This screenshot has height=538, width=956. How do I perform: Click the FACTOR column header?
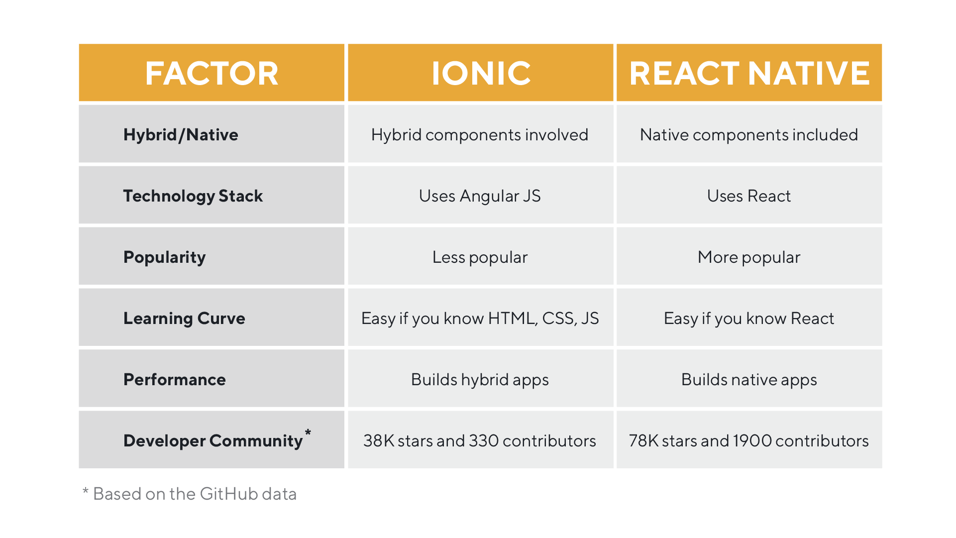[x=212, y=73]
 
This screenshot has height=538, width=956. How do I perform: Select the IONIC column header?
[x=481, y=73]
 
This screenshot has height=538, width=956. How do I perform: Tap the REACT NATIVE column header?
[x=749, y=73]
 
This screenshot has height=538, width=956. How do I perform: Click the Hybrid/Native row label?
[x=181, y=135]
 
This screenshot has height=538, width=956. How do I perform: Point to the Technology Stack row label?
[x=193, y=196]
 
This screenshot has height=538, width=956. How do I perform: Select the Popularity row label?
[x=164, y=257]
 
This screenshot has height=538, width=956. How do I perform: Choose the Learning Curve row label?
[x=184, y=319]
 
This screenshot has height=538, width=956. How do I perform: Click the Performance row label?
[x=174, y=380]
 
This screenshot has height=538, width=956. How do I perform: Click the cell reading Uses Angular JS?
[x=480, y=196]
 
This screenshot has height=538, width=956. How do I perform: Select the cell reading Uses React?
[x=748, y=196]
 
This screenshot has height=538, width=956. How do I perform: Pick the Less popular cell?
[x=480, y=257]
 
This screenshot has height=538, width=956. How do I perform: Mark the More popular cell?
[x=748, y=257]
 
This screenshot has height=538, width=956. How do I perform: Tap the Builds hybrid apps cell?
[x=480, y=380]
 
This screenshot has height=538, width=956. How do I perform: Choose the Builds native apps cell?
[x=748, y=380]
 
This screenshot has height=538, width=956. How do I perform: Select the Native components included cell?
[x=748, y=135]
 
